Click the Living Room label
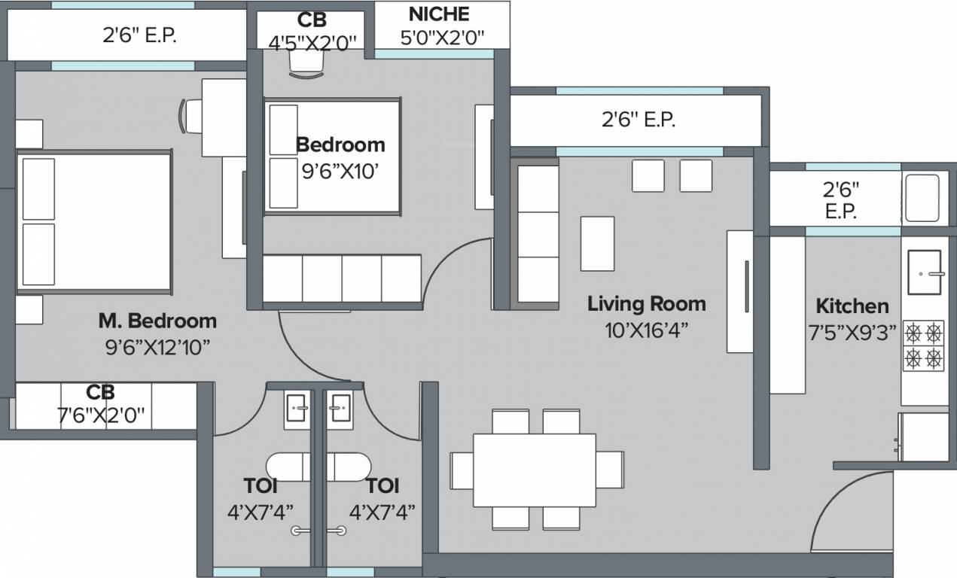tap(646, 304)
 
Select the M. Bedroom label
tap(157, 321)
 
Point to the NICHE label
tap(439, 14)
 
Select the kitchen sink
tap(923, 273)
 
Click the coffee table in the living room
tap(597, 243)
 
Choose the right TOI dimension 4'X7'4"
tap(382, 513)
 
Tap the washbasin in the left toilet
tap(297, 409)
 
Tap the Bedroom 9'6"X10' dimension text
tap(339, 172)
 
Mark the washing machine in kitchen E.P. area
tap(922, 197)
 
